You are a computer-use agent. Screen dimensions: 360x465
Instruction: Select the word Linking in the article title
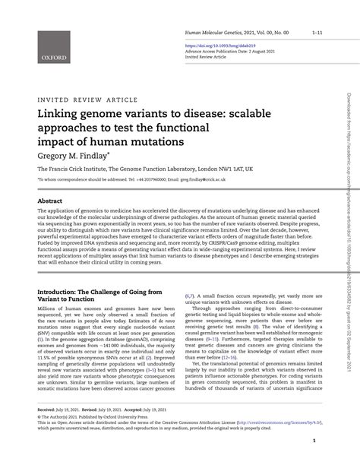tap(58, 113)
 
